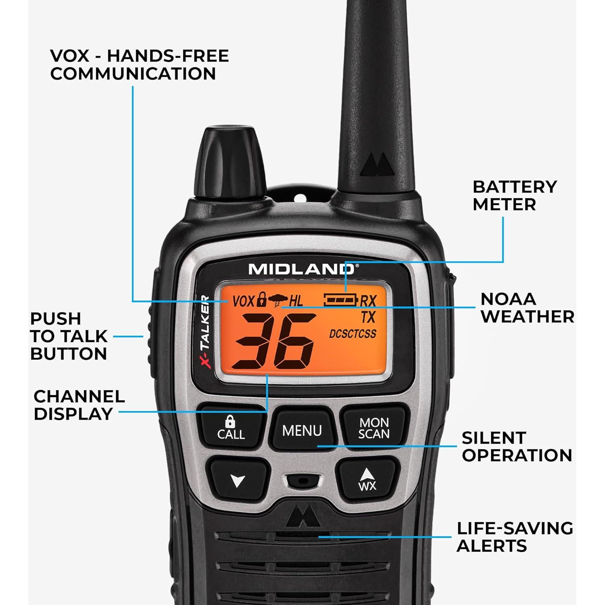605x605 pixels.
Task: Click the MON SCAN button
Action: point(374,428)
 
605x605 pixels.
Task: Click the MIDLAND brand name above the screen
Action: point(302,269)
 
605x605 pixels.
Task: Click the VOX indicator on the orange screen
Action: point(244,301)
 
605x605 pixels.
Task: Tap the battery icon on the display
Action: point(341,300)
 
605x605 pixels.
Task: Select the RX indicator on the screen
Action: point(368,301)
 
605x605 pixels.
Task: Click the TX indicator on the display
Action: point(368,317)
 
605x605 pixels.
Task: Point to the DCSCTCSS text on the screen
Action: point(353,334)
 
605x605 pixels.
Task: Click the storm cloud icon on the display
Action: point(278,300)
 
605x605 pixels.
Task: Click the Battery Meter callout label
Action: point(514,196)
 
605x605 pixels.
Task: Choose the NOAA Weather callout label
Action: point(527,308)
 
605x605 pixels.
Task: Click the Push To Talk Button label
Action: point(69,336)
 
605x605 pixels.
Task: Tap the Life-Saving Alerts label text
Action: point(514,537)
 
